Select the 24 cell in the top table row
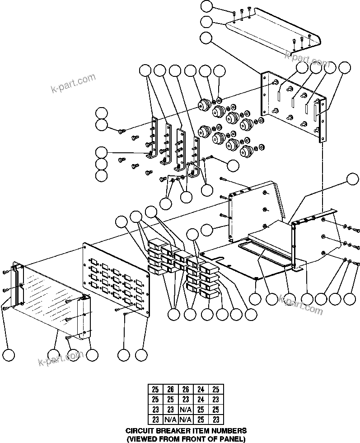[x=201, y=389]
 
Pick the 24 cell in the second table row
[x=201, y=399]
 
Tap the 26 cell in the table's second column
[x=170, y=389]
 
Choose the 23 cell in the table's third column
[x=185, y=399]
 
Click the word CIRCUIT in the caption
[x=140, y=431]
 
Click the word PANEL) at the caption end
[x=232, y=438]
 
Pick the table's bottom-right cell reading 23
[x=215, y=420]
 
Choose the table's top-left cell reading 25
[x=155, y=389]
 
